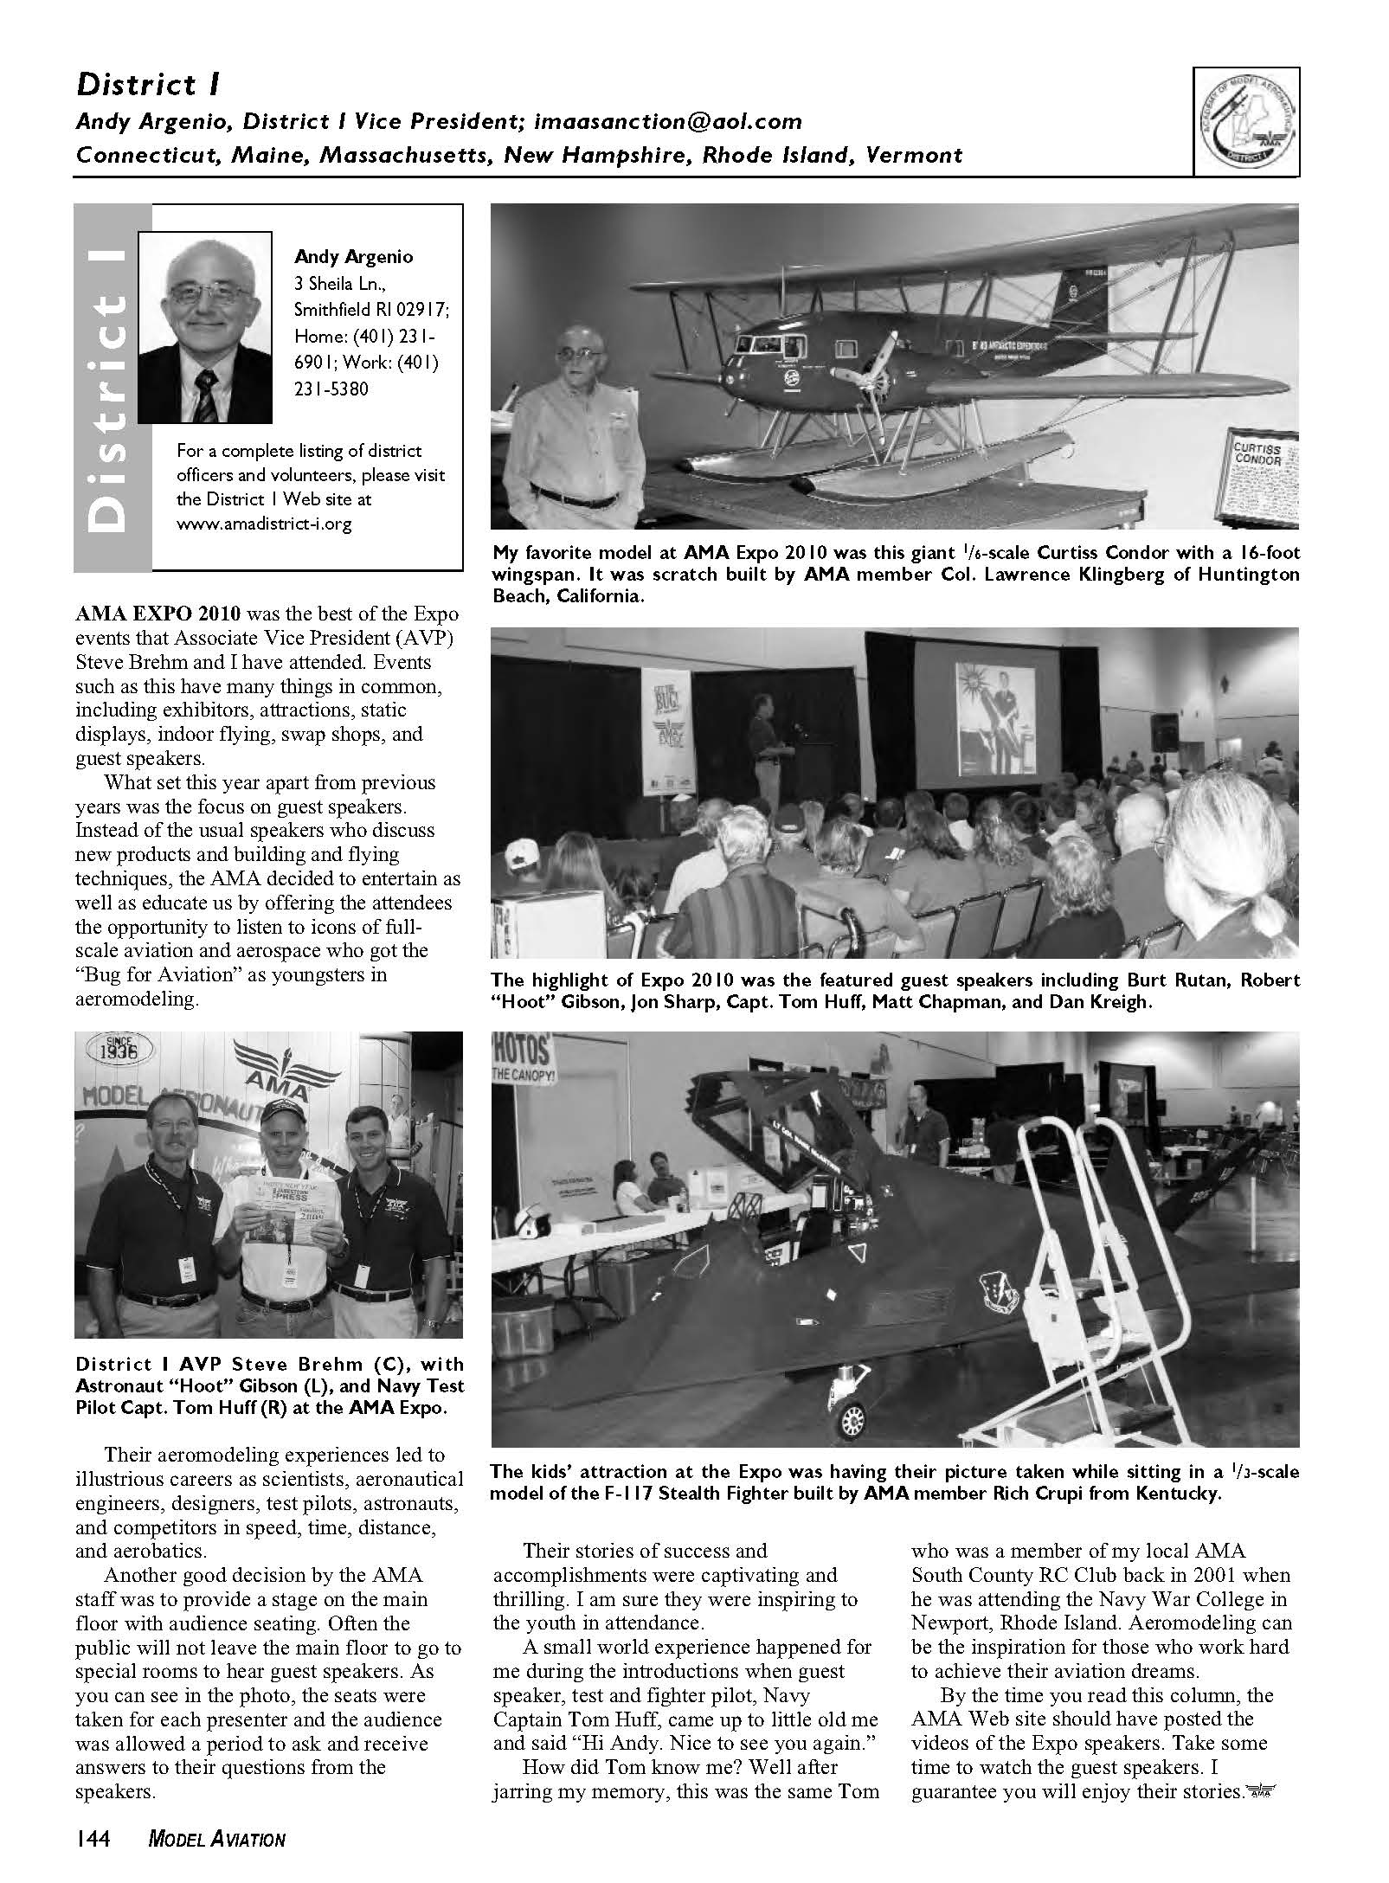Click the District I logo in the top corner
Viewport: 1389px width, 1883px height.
(1246, 123)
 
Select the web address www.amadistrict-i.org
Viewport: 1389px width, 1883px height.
(264, 524)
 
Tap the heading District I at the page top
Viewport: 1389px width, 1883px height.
(148, 85)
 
